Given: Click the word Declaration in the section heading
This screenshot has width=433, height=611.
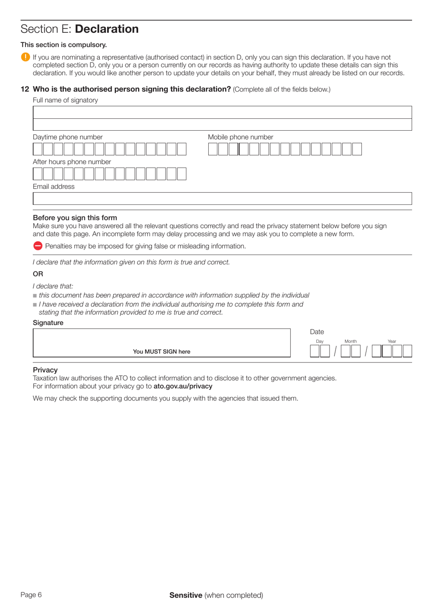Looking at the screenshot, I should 107,29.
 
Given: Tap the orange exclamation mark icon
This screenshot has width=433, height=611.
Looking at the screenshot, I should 26,57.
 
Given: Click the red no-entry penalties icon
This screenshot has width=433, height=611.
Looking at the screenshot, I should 38,246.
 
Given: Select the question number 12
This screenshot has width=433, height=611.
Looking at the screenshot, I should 25,89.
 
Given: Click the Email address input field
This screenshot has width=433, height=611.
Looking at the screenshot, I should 222,199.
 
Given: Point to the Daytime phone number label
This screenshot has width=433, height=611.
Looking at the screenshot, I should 67,137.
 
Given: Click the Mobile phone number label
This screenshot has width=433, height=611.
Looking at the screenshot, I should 240,137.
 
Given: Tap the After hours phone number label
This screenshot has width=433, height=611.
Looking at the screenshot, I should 72,162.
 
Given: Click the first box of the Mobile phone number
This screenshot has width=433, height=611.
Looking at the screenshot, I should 213,149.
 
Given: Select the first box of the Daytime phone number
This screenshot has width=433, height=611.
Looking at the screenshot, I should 38,149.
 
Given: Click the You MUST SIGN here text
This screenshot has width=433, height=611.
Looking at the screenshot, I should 161,351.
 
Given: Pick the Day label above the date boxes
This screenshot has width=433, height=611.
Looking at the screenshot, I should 320,341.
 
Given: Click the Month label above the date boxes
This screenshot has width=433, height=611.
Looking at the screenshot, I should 351,341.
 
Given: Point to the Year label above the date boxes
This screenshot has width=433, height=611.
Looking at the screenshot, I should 392,341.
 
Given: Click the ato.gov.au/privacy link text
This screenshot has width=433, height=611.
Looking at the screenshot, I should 183,386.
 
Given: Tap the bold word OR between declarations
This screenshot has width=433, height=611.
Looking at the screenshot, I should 38,274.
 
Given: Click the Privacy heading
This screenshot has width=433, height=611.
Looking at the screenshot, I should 45,370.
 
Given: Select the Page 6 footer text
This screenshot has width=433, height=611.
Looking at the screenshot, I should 31,595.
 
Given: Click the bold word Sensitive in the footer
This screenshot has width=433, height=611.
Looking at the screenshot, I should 186,595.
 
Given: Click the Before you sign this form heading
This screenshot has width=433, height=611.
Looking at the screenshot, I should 75,218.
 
